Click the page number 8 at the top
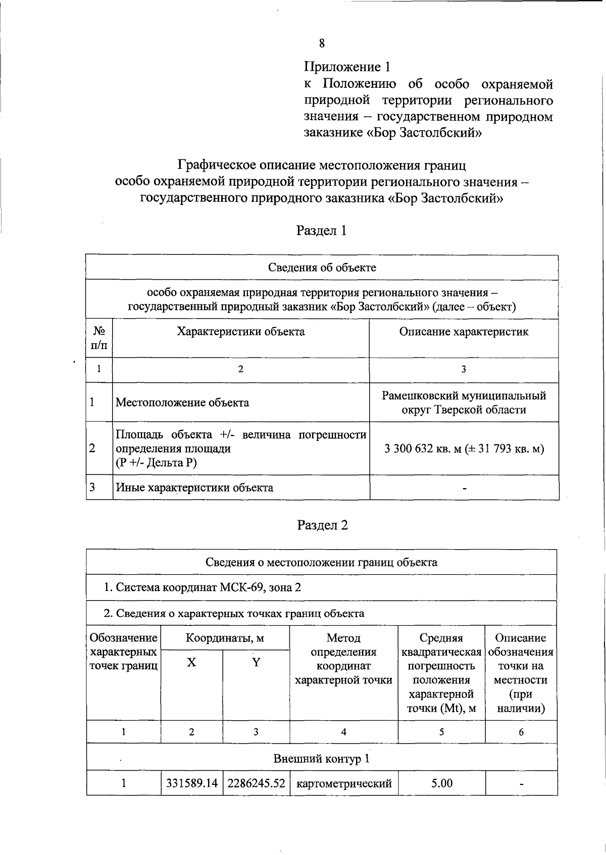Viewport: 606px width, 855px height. (322, 43)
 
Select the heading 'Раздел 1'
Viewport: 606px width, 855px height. (322, 231)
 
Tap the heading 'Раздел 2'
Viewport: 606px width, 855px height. (323, 525)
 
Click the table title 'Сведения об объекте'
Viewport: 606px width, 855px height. (322, 268)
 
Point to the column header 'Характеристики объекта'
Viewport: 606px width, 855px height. (240, 332)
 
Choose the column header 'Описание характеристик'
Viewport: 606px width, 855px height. (464, 332)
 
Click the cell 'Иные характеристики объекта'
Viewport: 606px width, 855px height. (194, 488)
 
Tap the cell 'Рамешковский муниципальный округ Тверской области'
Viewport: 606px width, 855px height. (464, 403)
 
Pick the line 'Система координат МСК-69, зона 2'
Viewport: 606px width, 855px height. (203, 587)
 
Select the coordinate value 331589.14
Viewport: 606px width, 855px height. (192, 783)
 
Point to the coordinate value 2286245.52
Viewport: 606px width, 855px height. (256, 783)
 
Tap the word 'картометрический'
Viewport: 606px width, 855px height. (344, 784)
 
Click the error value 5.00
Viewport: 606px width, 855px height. (442, 783)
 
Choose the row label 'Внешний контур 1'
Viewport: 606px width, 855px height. (322, 759)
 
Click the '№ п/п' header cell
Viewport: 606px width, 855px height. (99, 338)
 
